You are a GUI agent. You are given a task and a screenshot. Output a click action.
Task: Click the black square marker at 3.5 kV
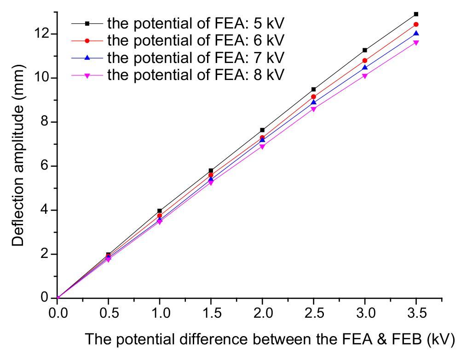[416, 14]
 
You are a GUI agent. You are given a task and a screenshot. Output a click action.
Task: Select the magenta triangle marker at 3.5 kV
[416, 43]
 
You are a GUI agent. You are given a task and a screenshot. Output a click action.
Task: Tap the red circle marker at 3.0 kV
[365, 60]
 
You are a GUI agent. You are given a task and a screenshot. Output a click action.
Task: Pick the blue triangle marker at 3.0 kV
[365, 68]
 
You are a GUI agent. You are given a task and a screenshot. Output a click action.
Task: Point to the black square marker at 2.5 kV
[313, 89]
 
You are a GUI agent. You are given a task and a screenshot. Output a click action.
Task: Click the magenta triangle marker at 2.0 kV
[262, 147]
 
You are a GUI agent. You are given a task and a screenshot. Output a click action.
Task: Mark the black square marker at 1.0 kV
[160, 211]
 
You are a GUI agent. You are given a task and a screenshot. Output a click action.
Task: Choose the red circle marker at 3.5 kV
[416, 24]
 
